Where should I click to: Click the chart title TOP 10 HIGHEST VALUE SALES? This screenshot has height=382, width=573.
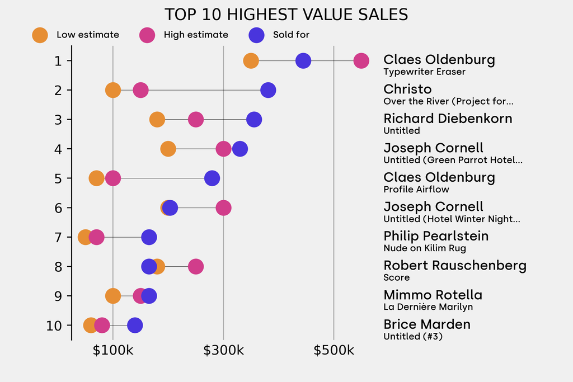pos(286,15)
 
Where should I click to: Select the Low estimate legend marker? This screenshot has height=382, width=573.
pos(40,35)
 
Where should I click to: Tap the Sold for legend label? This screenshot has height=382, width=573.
pos(291,35)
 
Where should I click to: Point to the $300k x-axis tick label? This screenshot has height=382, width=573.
pos(223,351)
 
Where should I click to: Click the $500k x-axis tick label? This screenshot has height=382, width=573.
pos(334,351)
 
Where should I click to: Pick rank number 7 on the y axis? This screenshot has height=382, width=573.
pos(58,237)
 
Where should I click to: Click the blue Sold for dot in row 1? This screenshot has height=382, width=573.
pos(303,61)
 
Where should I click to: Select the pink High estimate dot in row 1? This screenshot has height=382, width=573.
pos(361,61)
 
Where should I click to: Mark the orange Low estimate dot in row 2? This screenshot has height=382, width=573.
pos(113,90)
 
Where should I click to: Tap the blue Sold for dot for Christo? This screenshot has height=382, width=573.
pos(268,90)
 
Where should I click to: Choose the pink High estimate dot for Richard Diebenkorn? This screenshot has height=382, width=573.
pos(195,120)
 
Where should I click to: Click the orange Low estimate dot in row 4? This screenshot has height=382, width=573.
pos(168,149)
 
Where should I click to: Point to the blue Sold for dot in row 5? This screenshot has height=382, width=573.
pos(212,178)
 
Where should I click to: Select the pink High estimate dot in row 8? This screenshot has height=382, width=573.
pos(195,266)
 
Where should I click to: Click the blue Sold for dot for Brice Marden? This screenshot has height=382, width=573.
pos(135,325)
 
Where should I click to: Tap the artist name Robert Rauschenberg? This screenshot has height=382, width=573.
pos(454,266)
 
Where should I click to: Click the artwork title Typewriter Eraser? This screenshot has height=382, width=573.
pos(424,72)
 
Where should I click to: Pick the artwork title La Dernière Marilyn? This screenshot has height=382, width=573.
pos(428,306)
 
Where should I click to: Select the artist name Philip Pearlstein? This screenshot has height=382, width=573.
pos(436,236)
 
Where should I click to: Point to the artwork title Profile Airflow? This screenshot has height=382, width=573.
pos(416,189)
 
